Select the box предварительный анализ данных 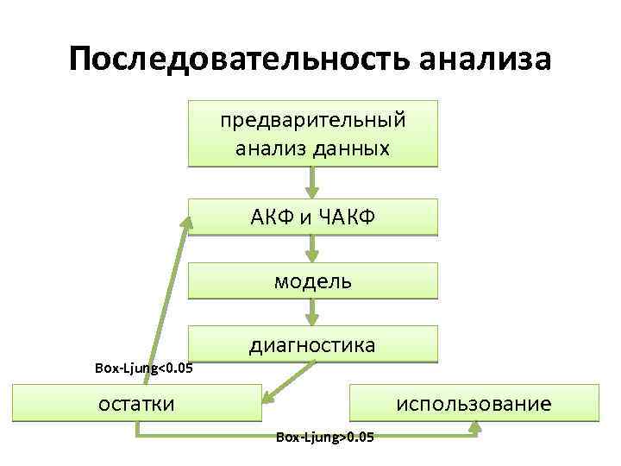pyautogui.click(x=313, y=133)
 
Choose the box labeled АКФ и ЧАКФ pyautogui.click(x=313, y=217)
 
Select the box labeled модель pyautogui.click(x=313, y=280)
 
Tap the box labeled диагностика pyautogui.click(x=313, y=344)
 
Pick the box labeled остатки pyautogui.click(x=136, y=403)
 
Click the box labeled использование pyautogui.click(x=473, y=403)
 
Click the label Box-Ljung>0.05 pyautogui.click(x=325, y=438)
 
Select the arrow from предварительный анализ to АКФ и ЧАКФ pyautogui.click(x=313, y=182)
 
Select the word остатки pyautogui.click(x=136, y=403)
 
